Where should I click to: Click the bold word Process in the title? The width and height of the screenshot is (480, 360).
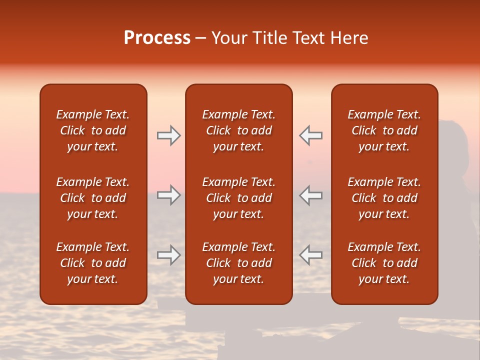(x=157, y=38)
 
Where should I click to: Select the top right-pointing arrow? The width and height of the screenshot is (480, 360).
(x=169, y=135)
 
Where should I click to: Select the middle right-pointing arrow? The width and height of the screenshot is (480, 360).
(x=169, y=195)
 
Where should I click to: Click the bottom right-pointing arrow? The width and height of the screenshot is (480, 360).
(x=169, y=255)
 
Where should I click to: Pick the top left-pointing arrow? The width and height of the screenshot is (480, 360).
(x=310, y=135)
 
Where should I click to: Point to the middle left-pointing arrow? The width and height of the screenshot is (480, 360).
(x=310, y=195)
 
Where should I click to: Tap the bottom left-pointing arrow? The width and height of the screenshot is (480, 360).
(x=310, y=255)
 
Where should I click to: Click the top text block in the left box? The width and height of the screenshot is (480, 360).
(x=93, y=130)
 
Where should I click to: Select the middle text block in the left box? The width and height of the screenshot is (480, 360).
(x=93, y=198)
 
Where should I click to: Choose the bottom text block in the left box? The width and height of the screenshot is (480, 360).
(x=93, y=263)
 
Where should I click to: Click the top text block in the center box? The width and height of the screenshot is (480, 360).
(x=239, y=130)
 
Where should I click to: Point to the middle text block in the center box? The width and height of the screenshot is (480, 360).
(x=239, y=198)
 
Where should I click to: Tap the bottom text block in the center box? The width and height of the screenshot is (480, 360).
(x=239, y=263)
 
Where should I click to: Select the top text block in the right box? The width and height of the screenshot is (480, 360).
(x=384, y=130)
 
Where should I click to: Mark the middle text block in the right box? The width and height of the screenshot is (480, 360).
(x=384, y=198)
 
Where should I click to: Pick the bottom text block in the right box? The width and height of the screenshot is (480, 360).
(x=384, y=263)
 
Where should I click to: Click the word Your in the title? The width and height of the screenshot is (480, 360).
(x=229, y=38)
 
